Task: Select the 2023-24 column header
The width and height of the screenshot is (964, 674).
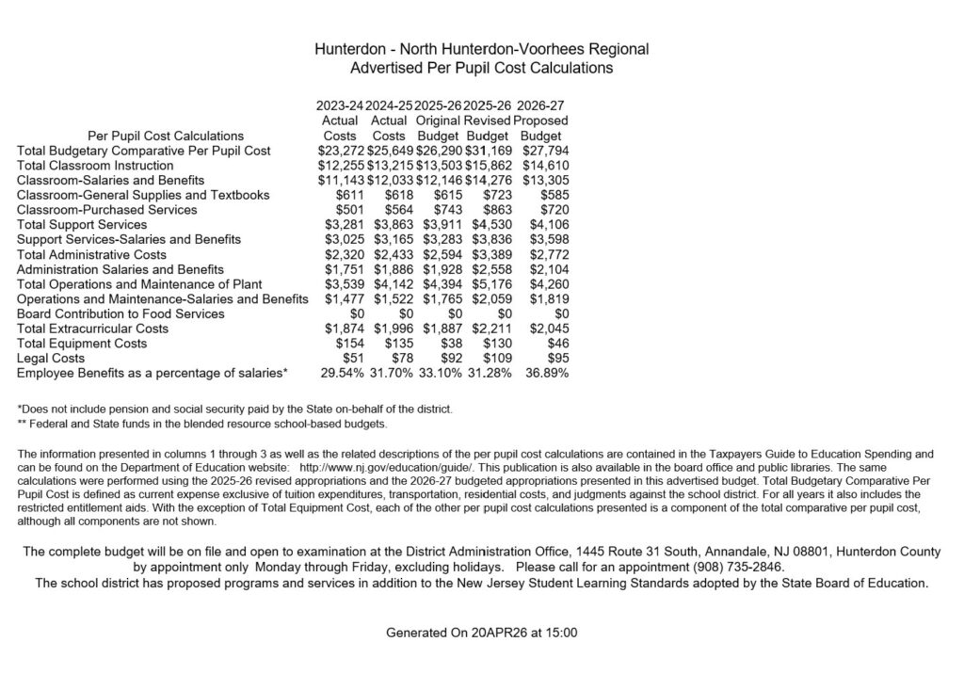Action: point(340,105)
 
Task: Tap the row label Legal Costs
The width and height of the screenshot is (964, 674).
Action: point(50,359)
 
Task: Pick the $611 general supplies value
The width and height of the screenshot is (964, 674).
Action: point(350,195)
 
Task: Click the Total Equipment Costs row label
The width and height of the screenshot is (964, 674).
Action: point(82,344)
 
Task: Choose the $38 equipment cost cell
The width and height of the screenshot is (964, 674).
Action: point(448,344)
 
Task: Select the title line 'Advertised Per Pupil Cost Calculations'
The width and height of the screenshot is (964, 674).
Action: point(481,69)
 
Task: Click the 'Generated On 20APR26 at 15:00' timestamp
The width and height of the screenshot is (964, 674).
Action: point(481,633)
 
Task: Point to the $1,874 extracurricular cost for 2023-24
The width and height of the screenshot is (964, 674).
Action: point(343,329)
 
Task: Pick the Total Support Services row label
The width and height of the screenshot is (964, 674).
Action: point(82,225)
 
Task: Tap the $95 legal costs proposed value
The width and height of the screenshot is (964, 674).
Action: point(555,359)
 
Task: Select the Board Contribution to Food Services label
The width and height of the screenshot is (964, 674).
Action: point(120,313)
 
